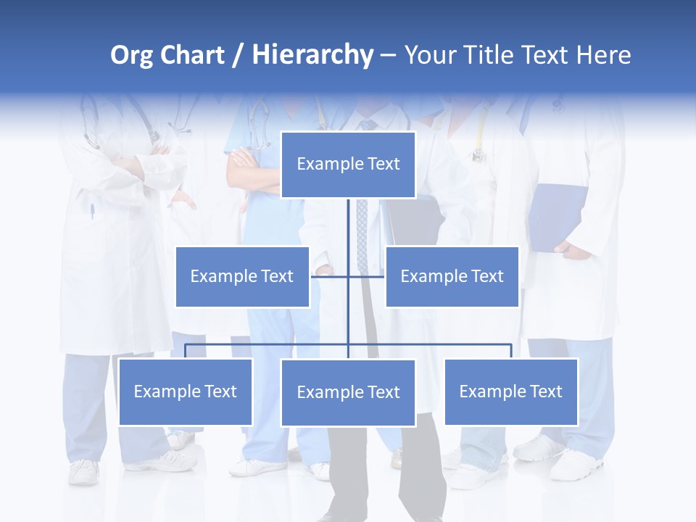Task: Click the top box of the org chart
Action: pos(348,165)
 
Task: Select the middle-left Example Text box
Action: pos(242,276)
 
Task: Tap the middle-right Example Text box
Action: pos(452,276)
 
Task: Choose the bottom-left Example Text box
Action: pos(186,391)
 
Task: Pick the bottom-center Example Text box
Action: pos(348,392)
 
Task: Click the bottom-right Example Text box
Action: pos(510,391)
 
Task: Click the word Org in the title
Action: pos(131,55)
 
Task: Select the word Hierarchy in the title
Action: pos(312,55)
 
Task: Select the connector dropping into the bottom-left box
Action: pos(186,351)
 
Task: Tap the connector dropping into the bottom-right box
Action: pos(510,351)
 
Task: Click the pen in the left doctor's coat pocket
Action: pos(92,212)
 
